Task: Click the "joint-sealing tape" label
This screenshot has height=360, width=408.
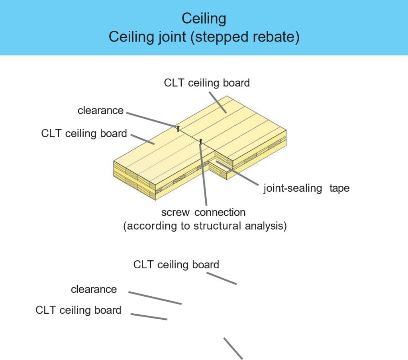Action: click(306, 188)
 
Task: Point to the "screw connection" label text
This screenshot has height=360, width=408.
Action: click(203, 212)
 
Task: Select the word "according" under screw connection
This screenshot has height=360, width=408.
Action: click(153, 226)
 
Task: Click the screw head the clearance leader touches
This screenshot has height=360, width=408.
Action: click(178, 128)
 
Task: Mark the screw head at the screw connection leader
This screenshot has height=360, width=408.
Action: click(201, 140)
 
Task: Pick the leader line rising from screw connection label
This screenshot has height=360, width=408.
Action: click(204, 175)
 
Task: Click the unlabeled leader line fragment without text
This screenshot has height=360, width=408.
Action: click(233, 348)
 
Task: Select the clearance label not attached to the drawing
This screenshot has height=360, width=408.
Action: click(94, 289)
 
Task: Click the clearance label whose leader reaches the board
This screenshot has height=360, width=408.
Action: click(100, 110)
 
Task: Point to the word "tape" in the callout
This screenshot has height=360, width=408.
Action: click(339, 188)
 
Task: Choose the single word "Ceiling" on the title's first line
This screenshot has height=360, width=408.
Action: click(204, 18)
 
